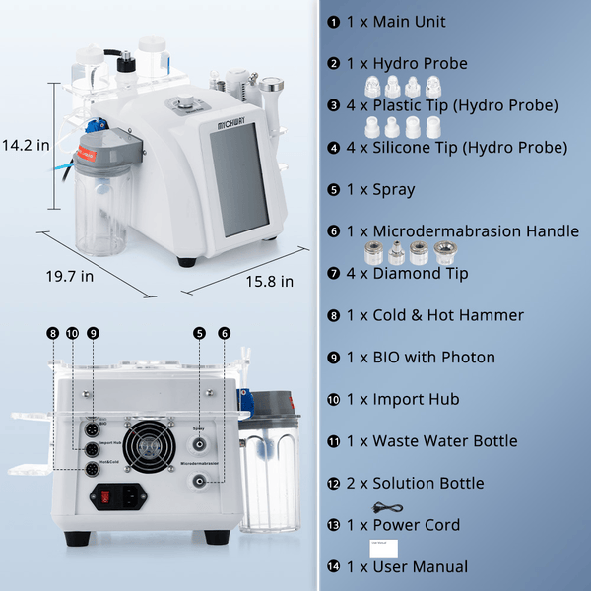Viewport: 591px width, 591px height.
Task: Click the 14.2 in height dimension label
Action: pyautogui.click(x=26, y=145)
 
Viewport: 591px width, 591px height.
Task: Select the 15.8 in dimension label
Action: pyautogui.click(x=270, y=282)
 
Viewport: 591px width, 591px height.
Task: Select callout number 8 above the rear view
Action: pyautogui.click(x=53, y=333)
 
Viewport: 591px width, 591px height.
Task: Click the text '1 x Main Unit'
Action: pyautogui.click(x=395, y=21)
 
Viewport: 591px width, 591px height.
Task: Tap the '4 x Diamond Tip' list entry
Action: pyautogui.click(x=407, y=273)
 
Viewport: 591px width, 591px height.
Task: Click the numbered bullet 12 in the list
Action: pyautogui.click(x=334, y=484)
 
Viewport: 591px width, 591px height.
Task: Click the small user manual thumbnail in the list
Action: pyautogui.click(x=379, y=548)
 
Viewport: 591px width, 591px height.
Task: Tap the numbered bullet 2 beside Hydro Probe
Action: pyautogui.click(x=334, y=63)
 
